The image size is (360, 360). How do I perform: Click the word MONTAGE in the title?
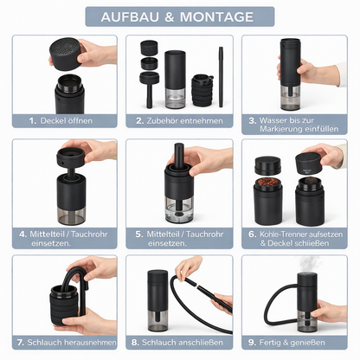[x=216, y=17]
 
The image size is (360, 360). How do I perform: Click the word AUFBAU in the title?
[x=130, y=17]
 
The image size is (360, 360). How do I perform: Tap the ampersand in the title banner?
[x=170, y=17]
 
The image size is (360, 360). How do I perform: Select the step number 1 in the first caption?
[x=33, y=120]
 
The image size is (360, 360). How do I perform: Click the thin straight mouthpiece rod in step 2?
[x=221, y=77]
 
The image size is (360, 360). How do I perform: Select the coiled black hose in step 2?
[x=202, y=90]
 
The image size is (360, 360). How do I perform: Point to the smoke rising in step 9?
[x=310, y=264]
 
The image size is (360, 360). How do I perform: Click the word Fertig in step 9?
[x=270, y=343]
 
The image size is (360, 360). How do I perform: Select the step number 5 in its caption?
[x=139, y=234]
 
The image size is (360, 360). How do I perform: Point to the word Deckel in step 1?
[x=53, y=120]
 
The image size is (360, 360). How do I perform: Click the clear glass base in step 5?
[x=179, y=209]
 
